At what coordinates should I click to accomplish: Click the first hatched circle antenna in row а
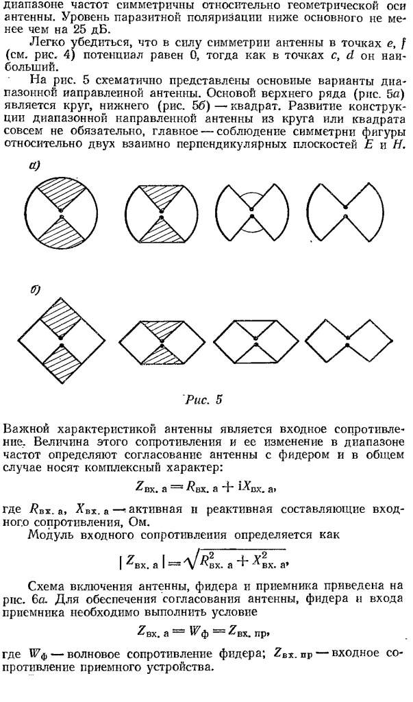point(61,214)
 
